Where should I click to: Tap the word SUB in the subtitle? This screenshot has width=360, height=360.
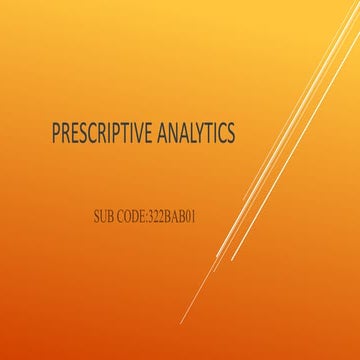pyautogui.click(x=103, y=215)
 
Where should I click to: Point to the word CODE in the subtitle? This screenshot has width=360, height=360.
pyautogui.click(x=132, y=215)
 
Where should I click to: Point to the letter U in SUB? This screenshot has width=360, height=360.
pyautogui.click(x=103, y=215)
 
